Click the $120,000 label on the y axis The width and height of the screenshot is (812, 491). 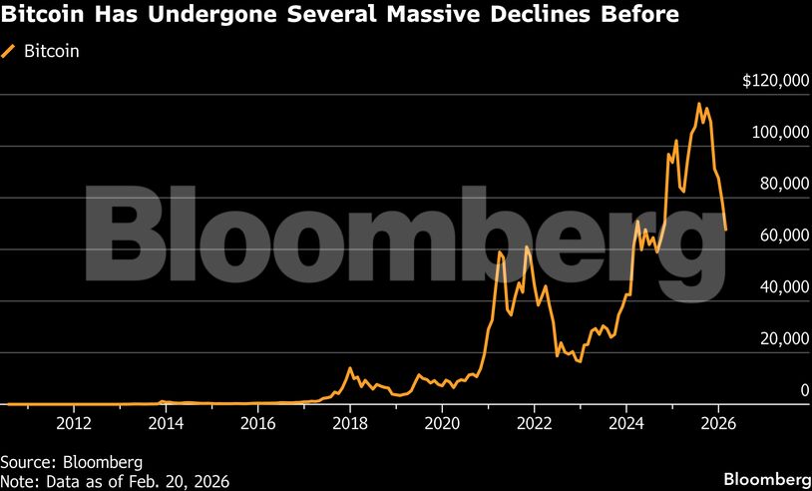click(x=775, y=81)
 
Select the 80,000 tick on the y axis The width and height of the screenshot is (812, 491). click(x=782, y=184)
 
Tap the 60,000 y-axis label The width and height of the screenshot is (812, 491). click(x=782, y=236)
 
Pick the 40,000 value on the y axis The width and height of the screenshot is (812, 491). click(x=782, y=287)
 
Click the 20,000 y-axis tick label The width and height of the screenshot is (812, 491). click(x=782, y=339)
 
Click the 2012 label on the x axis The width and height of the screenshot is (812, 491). click(x=74, y=422)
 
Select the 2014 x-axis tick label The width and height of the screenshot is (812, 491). click(x=166, y=422)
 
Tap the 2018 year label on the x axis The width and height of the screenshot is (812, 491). click(x=350, y=422)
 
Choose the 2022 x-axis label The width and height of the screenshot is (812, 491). click(x=535, y=422)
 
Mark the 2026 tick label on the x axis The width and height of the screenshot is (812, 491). click(x=718, y=422)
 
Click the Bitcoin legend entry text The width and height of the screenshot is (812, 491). click(x=52, y=50)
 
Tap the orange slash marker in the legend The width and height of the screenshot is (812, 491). click(x=11, y=50)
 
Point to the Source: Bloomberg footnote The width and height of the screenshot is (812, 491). click(x=72, y=462)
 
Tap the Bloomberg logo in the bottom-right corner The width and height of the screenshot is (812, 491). click(x=766, y=476)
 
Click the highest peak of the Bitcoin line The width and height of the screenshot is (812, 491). click(x=699, y=104)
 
